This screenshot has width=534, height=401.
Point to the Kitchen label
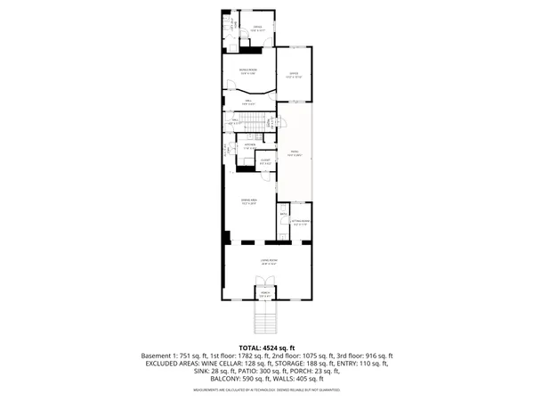(x=251, y=145)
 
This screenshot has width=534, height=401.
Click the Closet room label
(x=264, y=162)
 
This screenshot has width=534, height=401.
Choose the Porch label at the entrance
(x=264, y=293)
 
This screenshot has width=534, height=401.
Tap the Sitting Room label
(x=301, y=222)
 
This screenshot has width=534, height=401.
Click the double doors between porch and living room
(x=264, y=284)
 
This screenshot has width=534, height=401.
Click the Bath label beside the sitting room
(x=283, y=214)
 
